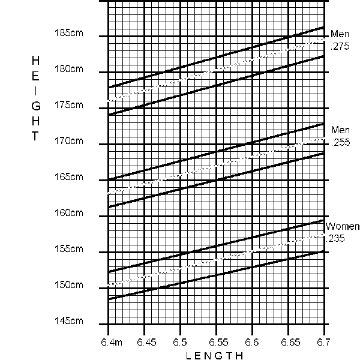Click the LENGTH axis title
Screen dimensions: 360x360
click(x=214, y=355)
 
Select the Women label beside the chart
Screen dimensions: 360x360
click(x=343, y=227)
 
